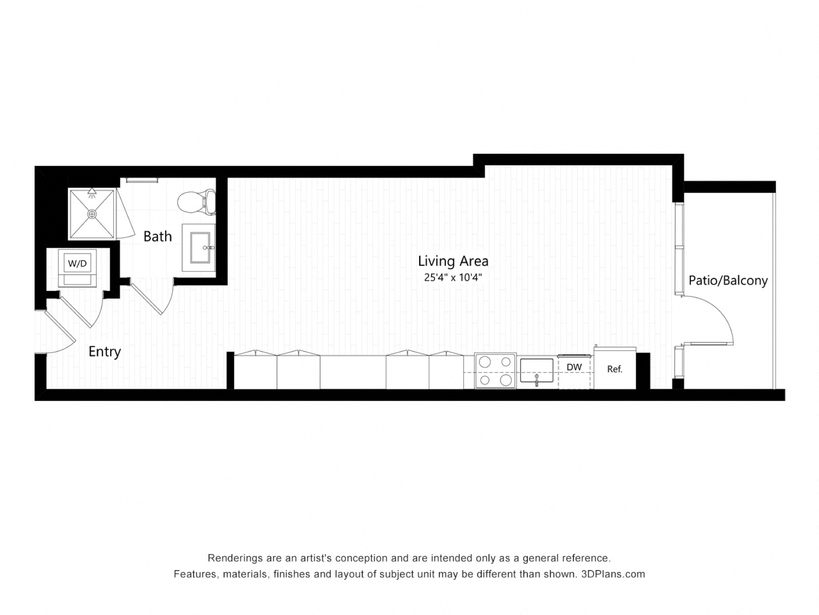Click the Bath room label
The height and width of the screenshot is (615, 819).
[x=158, y=236]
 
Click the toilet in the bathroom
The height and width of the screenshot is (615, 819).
[x=197, y=202]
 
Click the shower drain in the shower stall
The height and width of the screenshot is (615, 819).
[x=92, y=214]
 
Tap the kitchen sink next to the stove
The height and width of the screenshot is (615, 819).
[x=536, y=370]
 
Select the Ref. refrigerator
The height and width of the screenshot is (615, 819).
[x=615, y=369]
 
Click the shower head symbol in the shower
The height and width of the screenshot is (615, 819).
[x=92, y=192]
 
